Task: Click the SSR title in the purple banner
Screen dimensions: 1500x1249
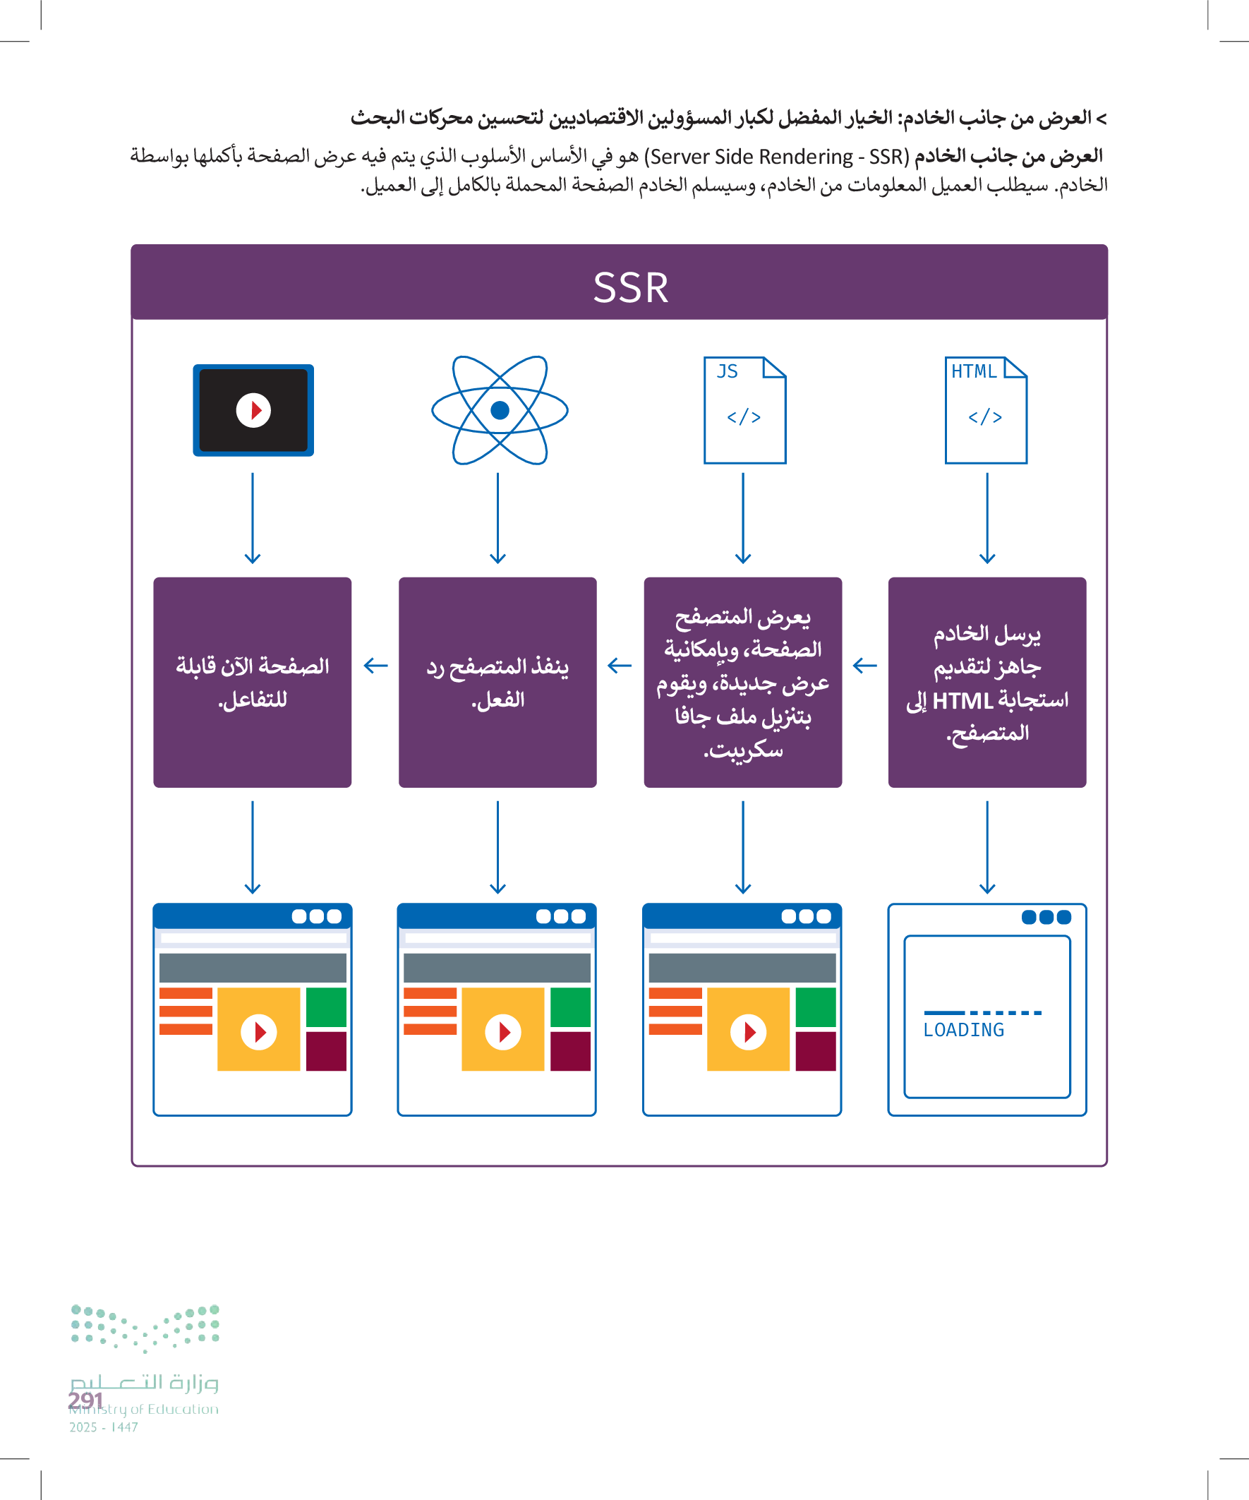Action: tap(631, 287)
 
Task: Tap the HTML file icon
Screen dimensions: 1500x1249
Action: tap(986, 410)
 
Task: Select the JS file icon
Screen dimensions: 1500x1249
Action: tap(744, 410)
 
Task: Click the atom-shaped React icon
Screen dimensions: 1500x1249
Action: tap(499, 410)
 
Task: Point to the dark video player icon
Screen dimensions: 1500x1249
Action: tap(253, 410)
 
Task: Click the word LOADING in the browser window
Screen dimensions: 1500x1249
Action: tap(963, 1030)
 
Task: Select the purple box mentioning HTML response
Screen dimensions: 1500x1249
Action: tap(987, 682)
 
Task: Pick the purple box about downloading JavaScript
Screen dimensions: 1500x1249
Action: tap(742, 682)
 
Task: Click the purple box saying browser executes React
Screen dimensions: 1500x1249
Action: tap(497, 682)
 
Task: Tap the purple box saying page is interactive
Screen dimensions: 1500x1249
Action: tap(252, 682)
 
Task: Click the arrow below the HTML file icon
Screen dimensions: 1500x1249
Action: tap(987, 518)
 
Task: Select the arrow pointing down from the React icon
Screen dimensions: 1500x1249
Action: tap(497, 518)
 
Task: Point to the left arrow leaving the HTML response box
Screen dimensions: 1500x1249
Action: tap(865, 666)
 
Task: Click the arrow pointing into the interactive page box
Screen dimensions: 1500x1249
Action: tap(375, 666)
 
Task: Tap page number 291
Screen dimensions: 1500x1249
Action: tap(85, 1400)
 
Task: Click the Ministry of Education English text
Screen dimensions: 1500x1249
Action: tap(144, 1409)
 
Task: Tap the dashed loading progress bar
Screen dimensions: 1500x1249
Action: tap(983, 1012)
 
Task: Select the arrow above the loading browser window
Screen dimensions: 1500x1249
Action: tap(987, 847)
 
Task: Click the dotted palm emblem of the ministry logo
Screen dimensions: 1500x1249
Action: tap(145, 1328)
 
